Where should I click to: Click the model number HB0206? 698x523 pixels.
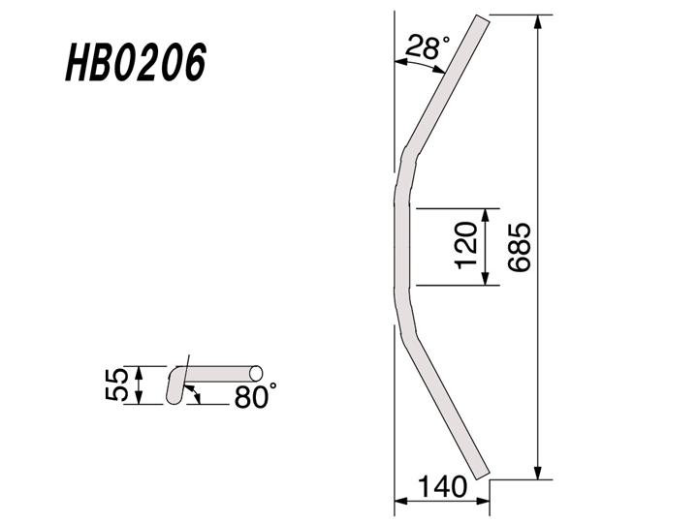click(x=135, y=65)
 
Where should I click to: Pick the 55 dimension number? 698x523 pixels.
click(x=115, y=385)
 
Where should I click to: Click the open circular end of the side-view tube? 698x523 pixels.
click(x=257, y=372)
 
